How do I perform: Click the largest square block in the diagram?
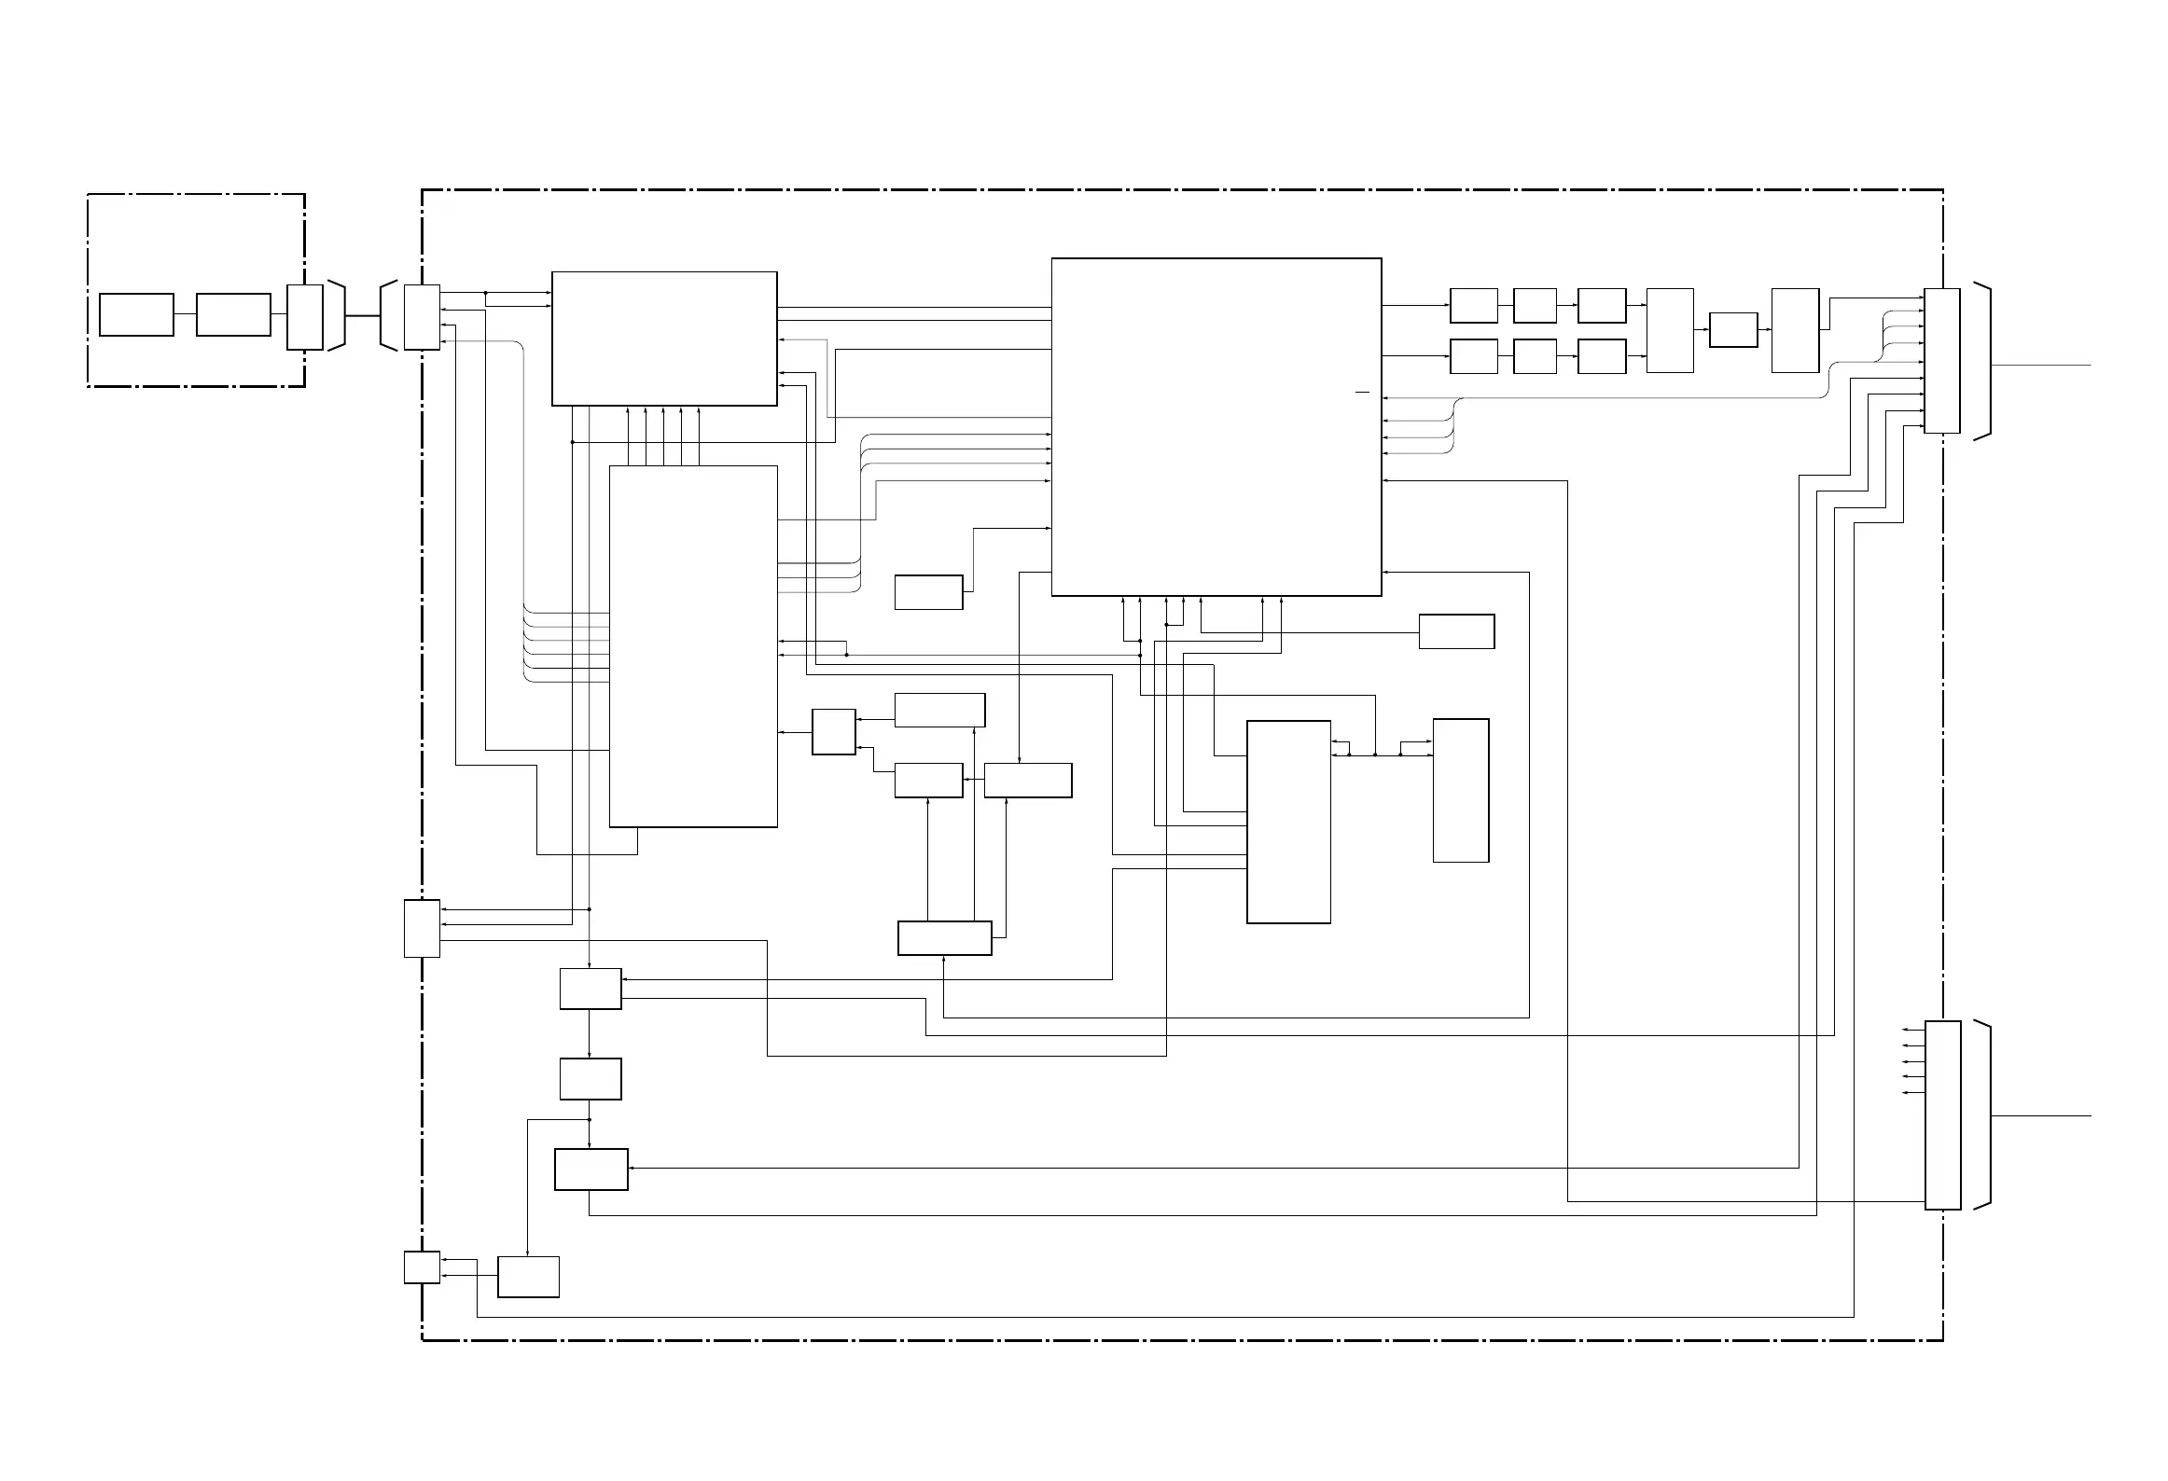(1216, 426)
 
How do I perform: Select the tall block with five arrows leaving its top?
(692, 645)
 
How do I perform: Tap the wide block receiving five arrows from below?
(664, 339)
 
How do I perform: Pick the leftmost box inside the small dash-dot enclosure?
(136, 314)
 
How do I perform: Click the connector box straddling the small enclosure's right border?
(304, 317)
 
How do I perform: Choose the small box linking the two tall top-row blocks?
(1733, 330)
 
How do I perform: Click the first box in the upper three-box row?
(1474, 306)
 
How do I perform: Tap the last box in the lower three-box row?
(1602, 356)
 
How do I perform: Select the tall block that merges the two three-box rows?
(1670, 330)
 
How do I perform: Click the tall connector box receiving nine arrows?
(1942, 361)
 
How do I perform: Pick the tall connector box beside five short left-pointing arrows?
(1942, 1115)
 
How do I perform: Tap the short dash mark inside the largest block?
(1362, 393)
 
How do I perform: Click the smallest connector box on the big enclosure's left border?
(422, 1267)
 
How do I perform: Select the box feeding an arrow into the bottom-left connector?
(528, 1277)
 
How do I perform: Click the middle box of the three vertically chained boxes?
(591, 1079)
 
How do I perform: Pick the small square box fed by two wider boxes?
(834, 732)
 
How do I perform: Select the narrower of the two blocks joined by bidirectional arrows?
(1461, 790)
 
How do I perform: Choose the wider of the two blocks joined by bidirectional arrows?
(1288, 822)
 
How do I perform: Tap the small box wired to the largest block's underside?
(1456, 631)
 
